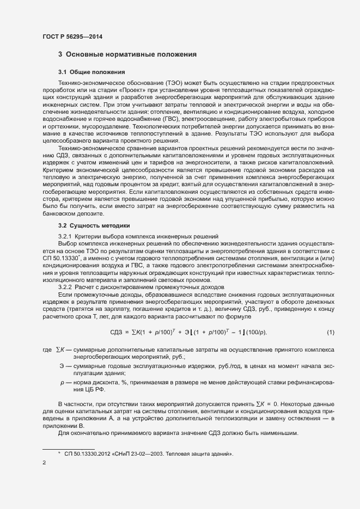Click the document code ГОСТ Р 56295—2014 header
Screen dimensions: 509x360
pyautogui.click(x=72, y=36)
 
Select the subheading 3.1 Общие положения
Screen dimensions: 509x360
pyautogui.click(x=91, y=72)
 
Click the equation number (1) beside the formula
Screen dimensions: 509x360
pyautogui.click(x=331, y=332)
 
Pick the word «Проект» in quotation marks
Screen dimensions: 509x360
pyautogui.click(x=134, y=89)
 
